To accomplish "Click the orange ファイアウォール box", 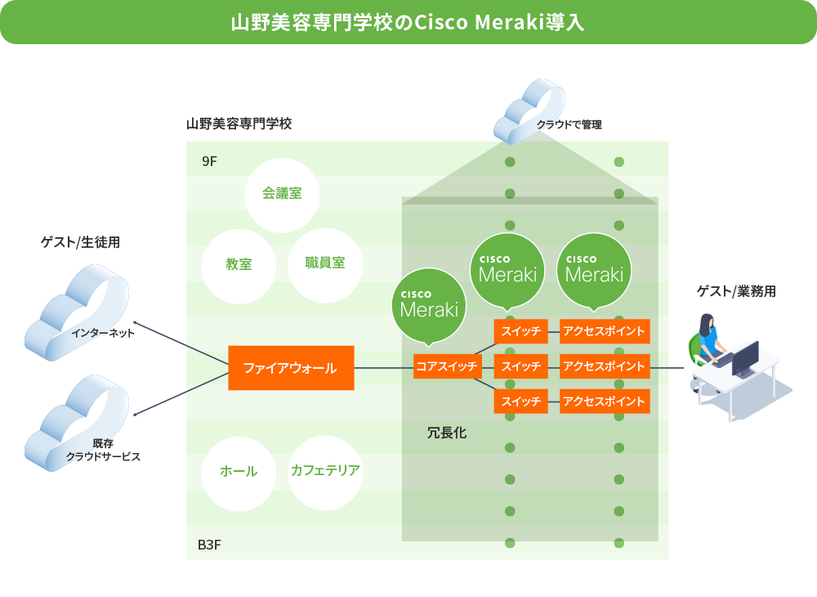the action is point(291,367).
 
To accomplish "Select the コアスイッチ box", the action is point(447,366).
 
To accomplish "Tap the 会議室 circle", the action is point(282,195).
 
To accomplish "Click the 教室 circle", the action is point(239,266).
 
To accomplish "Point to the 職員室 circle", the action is point(325,265).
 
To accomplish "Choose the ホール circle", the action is point(239,473).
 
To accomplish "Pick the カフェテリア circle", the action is point(325,473).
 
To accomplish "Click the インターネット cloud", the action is point(77,313).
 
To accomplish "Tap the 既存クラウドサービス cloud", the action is point(77,424).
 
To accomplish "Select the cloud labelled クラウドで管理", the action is point(529,111).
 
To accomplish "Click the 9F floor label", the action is point(209,161).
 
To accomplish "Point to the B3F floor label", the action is point(209,545).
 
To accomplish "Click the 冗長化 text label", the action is point(447,433).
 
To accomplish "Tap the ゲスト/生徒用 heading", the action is point(80,242).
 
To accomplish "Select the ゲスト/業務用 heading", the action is point(736,291).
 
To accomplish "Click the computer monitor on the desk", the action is point(746,359).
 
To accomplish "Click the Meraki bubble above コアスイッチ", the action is point(429,307).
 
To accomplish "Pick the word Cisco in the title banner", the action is point(441,22).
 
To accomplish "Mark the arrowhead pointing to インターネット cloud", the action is point(136,324).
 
